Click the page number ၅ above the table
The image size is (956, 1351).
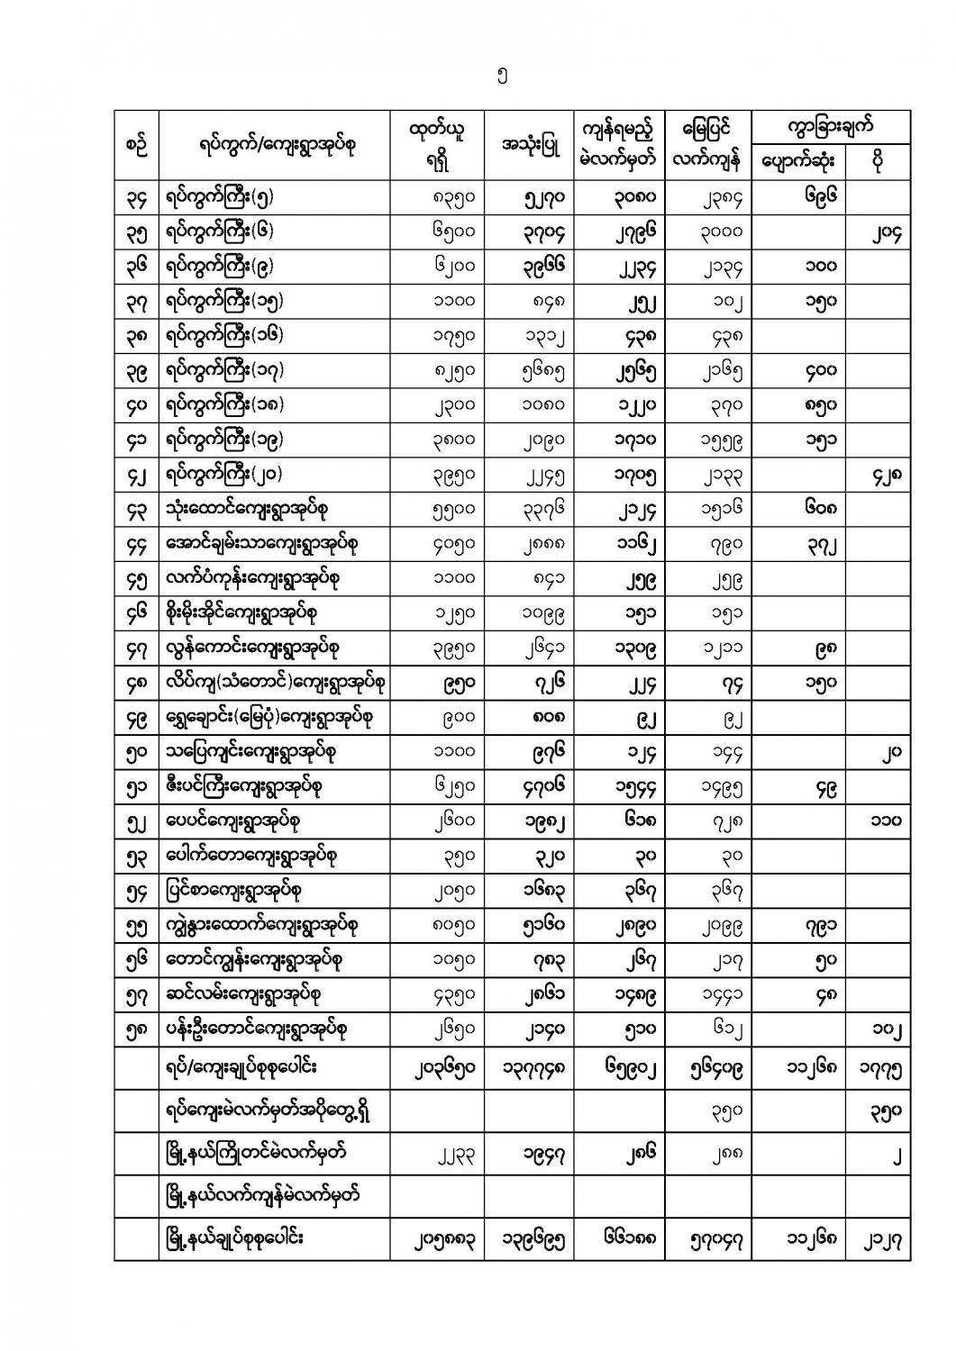click(501, 77)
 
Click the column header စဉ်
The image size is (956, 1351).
click(136, 145)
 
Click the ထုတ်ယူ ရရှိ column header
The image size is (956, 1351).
click(436, 144)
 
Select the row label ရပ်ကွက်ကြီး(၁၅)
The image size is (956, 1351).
click(226, 300)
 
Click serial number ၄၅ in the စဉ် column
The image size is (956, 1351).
click(136, 579)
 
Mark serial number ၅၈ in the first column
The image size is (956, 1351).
click(136, 1029)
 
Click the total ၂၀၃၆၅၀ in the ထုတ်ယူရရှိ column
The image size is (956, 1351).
click(436, 1069)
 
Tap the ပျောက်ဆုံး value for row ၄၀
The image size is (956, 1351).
click(821, 404)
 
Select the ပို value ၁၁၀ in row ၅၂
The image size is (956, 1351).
click(887, 821)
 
